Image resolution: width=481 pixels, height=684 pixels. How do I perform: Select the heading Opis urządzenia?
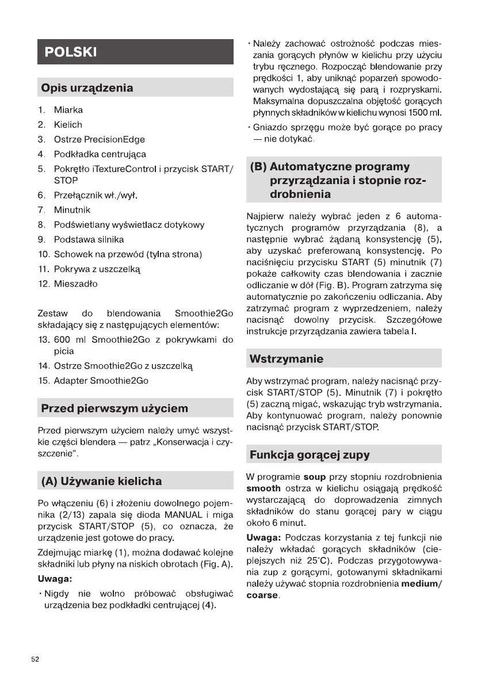tap(86, 88)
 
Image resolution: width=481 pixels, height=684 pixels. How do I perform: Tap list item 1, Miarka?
tap(68, 110)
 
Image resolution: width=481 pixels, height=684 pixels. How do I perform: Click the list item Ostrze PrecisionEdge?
tap(99, 139)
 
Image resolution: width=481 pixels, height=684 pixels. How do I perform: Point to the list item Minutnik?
tap(72, 210)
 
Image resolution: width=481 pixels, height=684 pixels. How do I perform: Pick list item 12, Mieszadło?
tap(75, 284)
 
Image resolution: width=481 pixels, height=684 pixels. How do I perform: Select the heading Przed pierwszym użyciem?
tap(114, 409)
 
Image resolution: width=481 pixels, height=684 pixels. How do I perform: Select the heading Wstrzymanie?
tap(286, 359)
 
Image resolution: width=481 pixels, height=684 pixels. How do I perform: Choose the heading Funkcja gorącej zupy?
tap(309, 455)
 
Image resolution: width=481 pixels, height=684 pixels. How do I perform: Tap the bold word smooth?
tap(264, 488)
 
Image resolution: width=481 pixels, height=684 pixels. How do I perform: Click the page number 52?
tap(36, 659)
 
